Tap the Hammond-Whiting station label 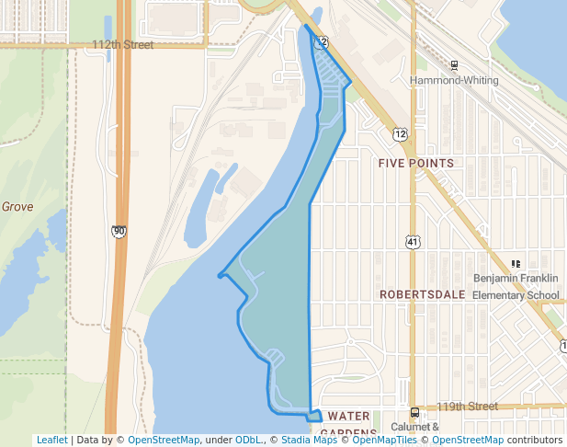click(454, 80)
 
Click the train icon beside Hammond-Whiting click(454, 65)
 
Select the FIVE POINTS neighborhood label click(416, 163)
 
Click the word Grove click(17, 207)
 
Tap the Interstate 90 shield click(119, 231)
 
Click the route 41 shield click(413, 241)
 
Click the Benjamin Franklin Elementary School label click(516, 286)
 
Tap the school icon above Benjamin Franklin click(515, 264)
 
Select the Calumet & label click(416, 427)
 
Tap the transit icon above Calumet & click(415, 412)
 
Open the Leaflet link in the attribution click(51, 440)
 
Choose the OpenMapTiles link click(380, 440)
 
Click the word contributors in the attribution click(534, 440)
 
